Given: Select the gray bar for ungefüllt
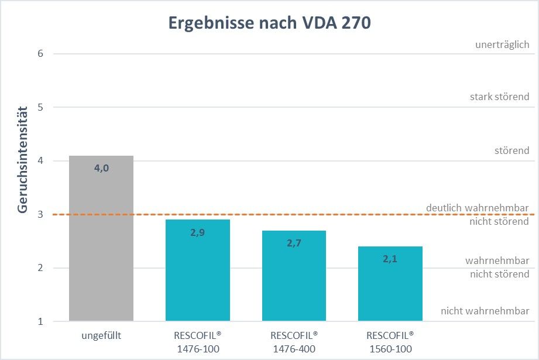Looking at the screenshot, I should tap(101, 246).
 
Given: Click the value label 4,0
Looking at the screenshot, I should tap(101, 169).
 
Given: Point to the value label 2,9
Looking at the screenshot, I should tap(197, 232).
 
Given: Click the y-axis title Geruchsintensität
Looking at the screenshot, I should tap(22, 160).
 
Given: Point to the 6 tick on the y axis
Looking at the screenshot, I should tap(40, 54).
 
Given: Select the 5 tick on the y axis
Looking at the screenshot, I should tap(40, 107).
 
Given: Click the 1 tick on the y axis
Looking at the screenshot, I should tap(40, 321).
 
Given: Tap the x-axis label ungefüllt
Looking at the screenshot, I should tap(101, 336).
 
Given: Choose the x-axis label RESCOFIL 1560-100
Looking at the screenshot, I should tap(390, 342).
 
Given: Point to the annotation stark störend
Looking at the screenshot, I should tap(499, 97).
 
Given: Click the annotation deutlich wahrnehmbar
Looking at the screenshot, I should tap(478, 208).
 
